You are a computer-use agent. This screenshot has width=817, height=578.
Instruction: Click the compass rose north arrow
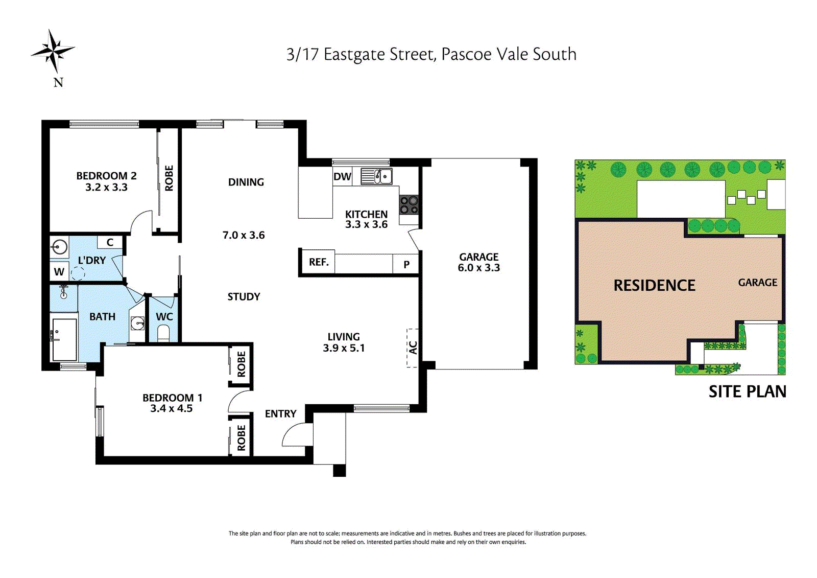[x=53, y=51]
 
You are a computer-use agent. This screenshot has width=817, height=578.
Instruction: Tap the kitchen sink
[x=377, y=176]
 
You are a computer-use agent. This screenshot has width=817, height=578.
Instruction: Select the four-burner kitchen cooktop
[x=409, y=205]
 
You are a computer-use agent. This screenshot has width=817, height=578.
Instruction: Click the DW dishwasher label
[x=342, y=177]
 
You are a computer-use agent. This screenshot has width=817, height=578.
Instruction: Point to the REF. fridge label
[x=319, y=262]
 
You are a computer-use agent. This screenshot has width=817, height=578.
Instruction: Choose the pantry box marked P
[x=405, y=264]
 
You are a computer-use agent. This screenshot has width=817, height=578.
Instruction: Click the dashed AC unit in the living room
[x=413, y=348]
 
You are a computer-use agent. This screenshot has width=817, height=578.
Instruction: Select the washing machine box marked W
[x=59, y=271]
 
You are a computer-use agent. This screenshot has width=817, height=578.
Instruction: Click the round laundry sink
[x=59, y=247]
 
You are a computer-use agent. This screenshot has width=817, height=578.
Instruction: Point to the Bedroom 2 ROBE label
[x=169, y=178]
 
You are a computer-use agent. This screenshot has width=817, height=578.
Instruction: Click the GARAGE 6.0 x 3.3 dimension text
[x=478, y=262]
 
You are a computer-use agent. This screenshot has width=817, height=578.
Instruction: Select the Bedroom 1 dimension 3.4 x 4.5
[x=172, y=408]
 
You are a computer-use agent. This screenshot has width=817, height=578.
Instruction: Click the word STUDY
[x=244, y=296]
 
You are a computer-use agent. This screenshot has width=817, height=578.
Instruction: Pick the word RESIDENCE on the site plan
[x=654, y=286]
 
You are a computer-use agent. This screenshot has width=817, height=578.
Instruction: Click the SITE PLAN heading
[x=748, y=391]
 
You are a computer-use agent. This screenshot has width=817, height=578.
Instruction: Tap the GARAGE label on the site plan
[x=758, y=283]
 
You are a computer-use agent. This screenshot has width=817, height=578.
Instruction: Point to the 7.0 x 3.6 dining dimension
[x=244, y=235]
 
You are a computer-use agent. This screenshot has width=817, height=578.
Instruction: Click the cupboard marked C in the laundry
[x=110, y=242]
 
